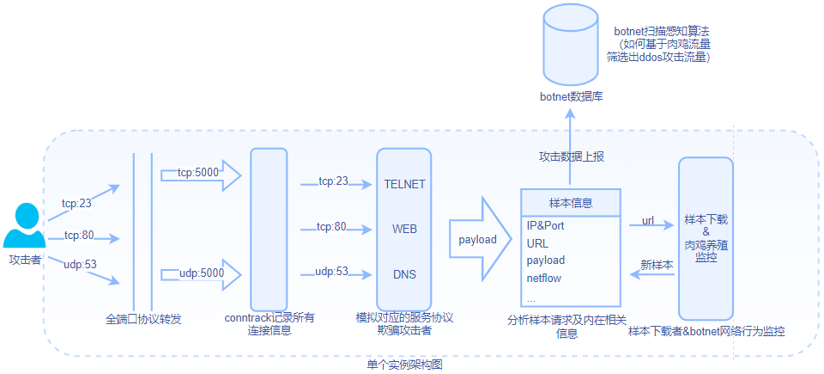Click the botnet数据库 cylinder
click(571, 47)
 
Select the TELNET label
click(404, 184)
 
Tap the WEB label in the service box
click(404, 230)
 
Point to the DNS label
click(404, 273)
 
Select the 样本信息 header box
click(571, 202)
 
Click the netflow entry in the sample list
click(544, 278)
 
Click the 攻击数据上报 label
click(571, 156)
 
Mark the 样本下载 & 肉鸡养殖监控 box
click(706, 238)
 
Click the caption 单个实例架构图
click(404, 365)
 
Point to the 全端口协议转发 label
click(143, 319)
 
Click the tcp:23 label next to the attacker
click(77, 204)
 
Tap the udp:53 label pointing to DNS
click(331, 272)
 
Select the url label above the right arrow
click(648, 221)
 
